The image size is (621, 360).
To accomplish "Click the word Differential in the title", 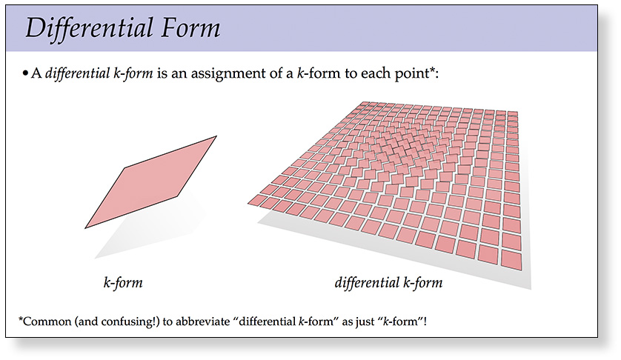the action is pyautogui.click(x=90, y=28).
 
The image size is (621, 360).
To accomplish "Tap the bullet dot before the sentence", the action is pyautogui.click(x=25, y=73).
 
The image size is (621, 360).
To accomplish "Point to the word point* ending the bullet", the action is pyautogui.click(x=416, y=73).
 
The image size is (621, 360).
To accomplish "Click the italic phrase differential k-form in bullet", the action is pyautogui.click(x=99, y=73).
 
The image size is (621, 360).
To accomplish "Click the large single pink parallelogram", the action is pyautogui.click(x=151, y=182).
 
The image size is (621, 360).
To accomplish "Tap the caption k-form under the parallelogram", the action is pyautogui.click(x=123, y=283).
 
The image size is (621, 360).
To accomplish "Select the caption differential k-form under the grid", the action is pyautogui.click(x=388, y=283).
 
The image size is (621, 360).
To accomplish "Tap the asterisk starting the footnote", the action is pyautogui.click(x=21, y=319).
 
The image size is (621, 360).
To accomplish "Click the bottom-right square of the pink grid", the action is pyautogui.click(x=511, y=260).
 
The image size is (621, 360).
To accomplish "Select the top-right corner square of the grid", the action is pyautogui.click(x=513, y=114).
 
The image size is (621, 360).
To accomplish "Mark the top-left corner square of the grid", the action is pyautogui.click(x=362, y=104).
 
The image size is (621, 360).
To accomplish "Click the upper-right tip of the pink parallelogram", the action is pyautogui.click(x=216, y=136).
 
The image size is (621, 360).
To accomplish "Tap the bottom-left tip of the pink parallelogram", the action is pyautogui.click(x=84, y=228).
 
